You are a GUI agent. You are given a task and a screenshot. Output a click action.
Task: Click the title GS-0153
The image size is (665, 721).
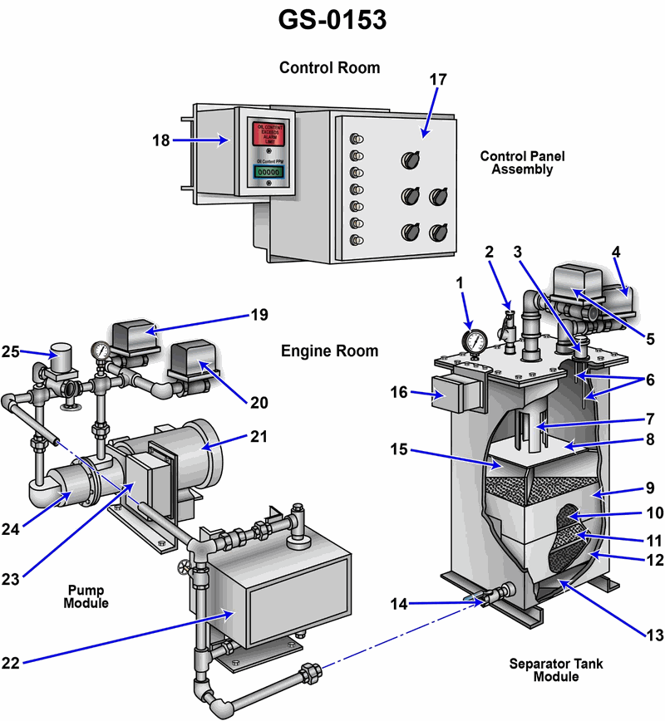click(332, 19)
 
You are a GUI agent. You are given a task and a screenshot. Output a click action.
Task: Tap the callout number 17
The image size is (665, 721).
click(438, 80)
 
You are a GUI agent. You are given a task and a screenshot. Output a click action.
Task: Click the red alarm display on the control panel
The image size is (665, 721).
click(268, 135)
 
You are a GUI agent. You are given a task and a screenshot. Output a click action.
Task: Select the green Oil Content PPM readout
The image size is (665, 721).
click(268, 171)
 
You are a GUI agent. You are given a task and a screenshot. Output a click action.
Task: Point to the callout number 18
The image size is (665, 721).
click(160, 140)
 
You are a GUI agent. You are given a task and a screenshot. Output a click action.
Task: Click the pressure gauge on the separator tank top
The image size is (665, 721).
click(475, 341)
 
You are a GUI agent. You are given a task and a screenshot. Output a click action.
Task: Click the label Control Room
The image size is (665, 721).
click(329, 68)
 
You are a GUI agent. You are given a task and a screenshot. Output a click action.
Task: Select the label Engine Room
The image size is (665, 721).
click(329, 351)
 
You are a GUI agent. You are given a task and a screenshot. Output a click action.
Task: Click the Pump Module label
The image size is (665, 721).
click(86, 596)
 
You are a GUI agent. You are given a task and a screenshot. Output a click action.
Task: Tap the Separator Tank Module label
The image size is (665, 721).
click(556, 669)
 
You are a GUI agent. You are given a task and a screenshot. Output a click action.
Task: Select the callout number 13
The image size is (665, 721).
click(655, 635)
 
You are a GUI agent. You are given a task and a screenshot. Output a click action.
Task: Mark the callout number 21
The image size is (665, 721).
click(259, 436)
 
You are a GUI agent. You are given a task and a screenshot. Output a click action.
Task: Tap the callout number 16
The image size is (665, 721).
click(399, 391)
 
